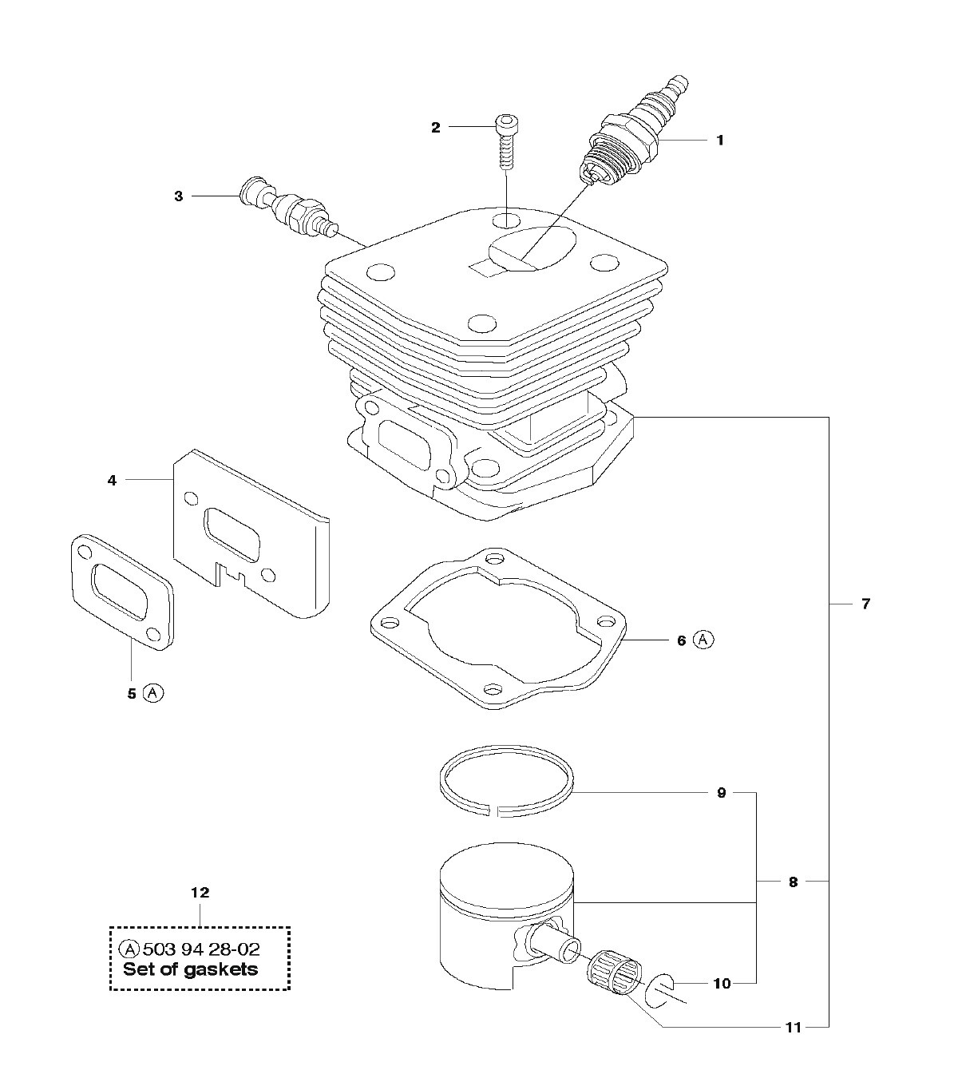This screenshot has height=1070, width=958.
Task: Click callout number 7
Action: [865, 604]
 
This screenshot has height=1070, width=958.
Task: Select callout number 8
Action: [793, 882]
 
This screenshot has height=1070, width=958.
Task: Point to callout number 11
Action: [793, 1028]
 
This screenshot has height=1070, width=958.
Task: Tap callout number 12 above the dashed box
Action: [200, 891]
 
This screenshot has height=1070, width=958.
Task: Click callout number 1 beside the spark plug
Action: [719, 141]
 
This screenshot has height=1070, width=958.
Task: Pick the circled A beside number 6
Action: [703, 640]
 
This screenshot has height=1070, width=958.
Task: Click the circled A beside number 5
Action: [153, 693]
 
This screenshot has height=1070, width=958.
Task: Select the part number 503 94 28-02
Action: [200, 949]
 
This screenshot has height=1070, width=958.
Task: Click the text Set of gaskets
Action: [191, 969]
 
